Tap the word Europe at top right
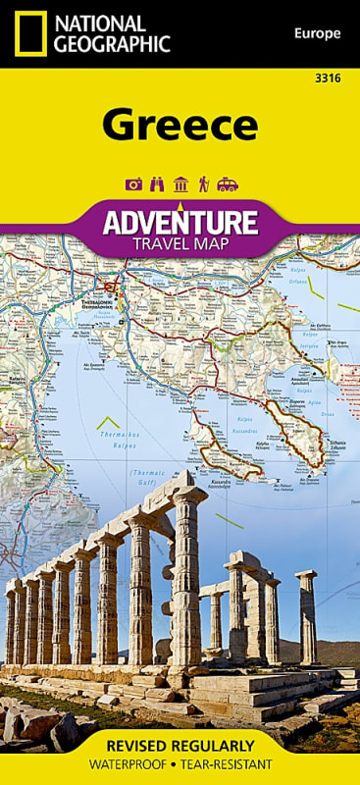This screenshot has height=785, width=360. [317, 34]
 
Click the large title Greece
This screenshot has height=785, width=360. [180, 126]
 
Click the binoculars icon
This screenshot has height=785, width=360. [156, 184]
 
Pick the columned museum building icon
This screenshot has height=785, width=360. [180, 184]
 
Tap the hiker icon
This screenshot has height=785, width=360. [203, 184]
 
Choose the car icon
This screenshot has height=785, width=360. [227, 184]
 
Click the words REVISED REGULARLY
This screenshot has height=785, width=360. [180, 746]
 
